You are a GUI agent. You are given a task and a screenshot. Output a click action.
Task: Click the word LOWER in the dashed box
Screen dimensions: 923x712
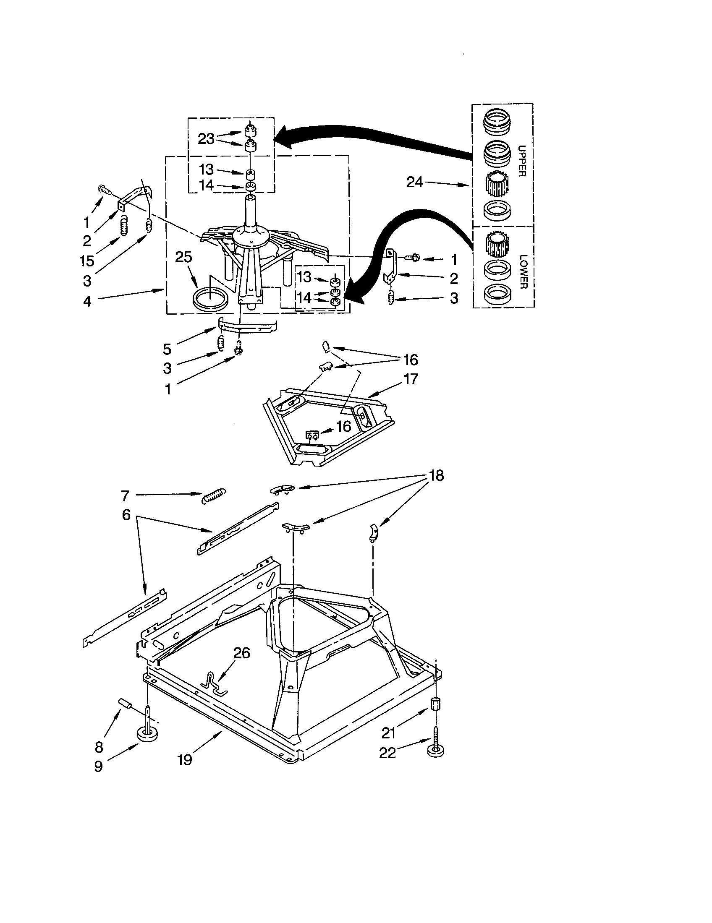[x=522, y=271]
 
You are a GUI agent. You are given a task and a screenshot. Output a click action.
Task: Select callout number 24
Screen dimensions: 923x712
[x=414, y=182]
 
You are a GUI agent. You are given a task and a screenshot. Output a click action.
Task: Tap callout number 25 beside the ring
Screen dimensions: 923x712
[x=183, y=257]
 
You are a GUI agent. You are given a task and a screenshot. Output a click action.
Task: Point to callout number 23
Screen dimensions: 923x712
[x=206, y=138]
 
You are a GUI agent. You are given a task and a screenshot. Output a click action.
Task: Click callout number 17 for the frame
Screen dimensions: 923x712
[x=411, y=379]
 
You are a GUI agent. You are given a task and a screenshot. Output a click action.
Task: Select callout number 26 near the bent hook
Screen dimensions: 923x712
[x=242, y=653]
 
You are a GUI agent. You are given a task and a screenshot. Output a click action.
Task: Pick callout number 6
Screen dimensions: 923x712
[x=126, y=515]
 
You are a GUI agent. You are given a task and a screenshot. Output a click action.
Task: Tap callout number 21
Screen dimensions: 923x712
[x=388, y=733]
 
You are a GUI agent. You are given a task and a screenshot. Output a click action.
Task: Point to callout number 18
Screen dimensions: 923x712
[x=436, y=475]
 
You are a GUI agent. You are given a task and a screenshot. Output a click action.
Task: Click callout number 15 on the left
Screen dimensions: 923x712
[x=87, y=261]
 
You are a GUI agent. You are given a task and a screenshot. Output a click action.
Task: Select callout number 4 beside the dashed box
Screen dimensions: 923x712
[x=87, y=301]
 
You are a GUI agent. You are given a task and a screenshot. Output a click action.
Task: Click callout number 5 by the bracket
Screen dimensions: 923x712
[x=168, y=349]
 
